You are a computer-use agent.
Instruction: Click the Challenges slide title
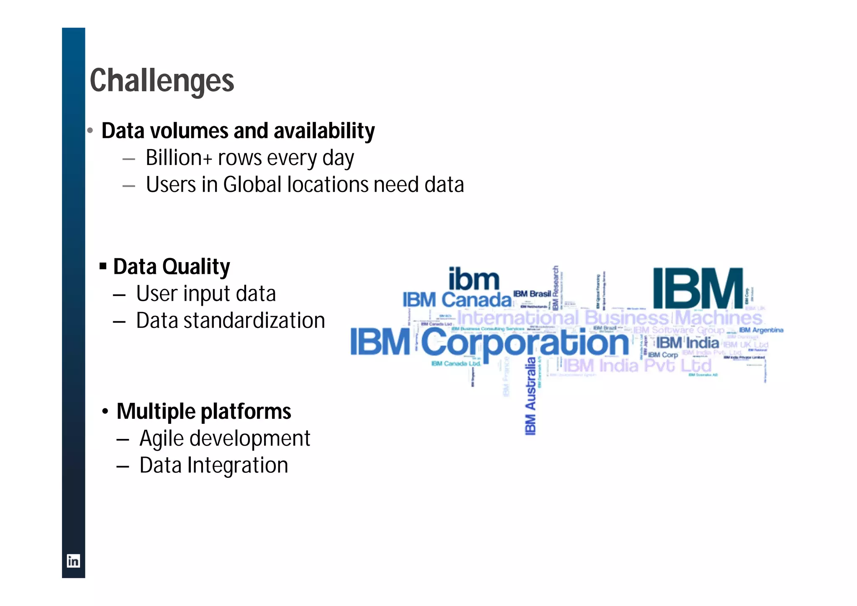pos(162,81)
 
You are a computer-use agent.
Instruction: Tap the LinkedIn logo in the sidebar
pos(73,561)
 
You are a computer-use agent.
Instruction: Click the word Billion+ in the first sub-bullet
pos(179,158)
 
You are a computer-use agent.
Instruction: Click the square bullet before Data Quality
pos(103,266)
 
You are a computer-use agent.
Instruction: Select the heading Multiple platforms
pos(204,411)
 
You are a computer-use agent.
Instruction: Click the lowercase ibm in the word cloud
pos(474,279)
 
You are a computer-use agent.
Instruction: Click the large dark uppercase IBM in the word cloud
pos(698,289)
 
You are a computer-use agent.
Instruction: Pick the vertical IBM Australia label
pos(530,396)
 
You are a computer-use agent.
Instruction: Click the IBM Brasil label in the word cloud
pos(532,294)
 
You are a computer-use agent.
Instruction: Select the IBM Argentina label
pos(761,330)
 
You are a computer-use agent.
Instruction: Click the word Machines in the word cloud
pos(718,318)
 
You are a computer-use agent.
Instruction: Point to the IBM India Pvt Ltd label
pos(637,366)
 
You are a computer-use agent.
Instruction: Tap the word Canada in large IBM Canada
pos(477,300)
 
